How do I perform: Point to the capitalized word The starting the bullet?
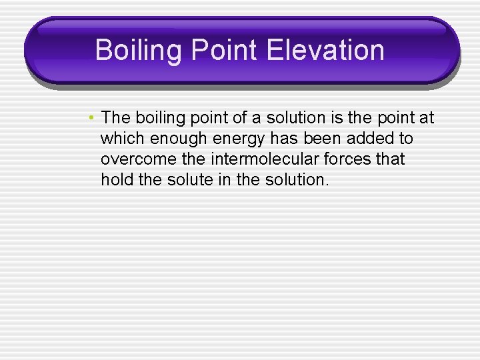117,119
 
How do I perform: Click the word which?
123,139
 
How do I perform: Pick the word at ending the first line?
427,119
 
